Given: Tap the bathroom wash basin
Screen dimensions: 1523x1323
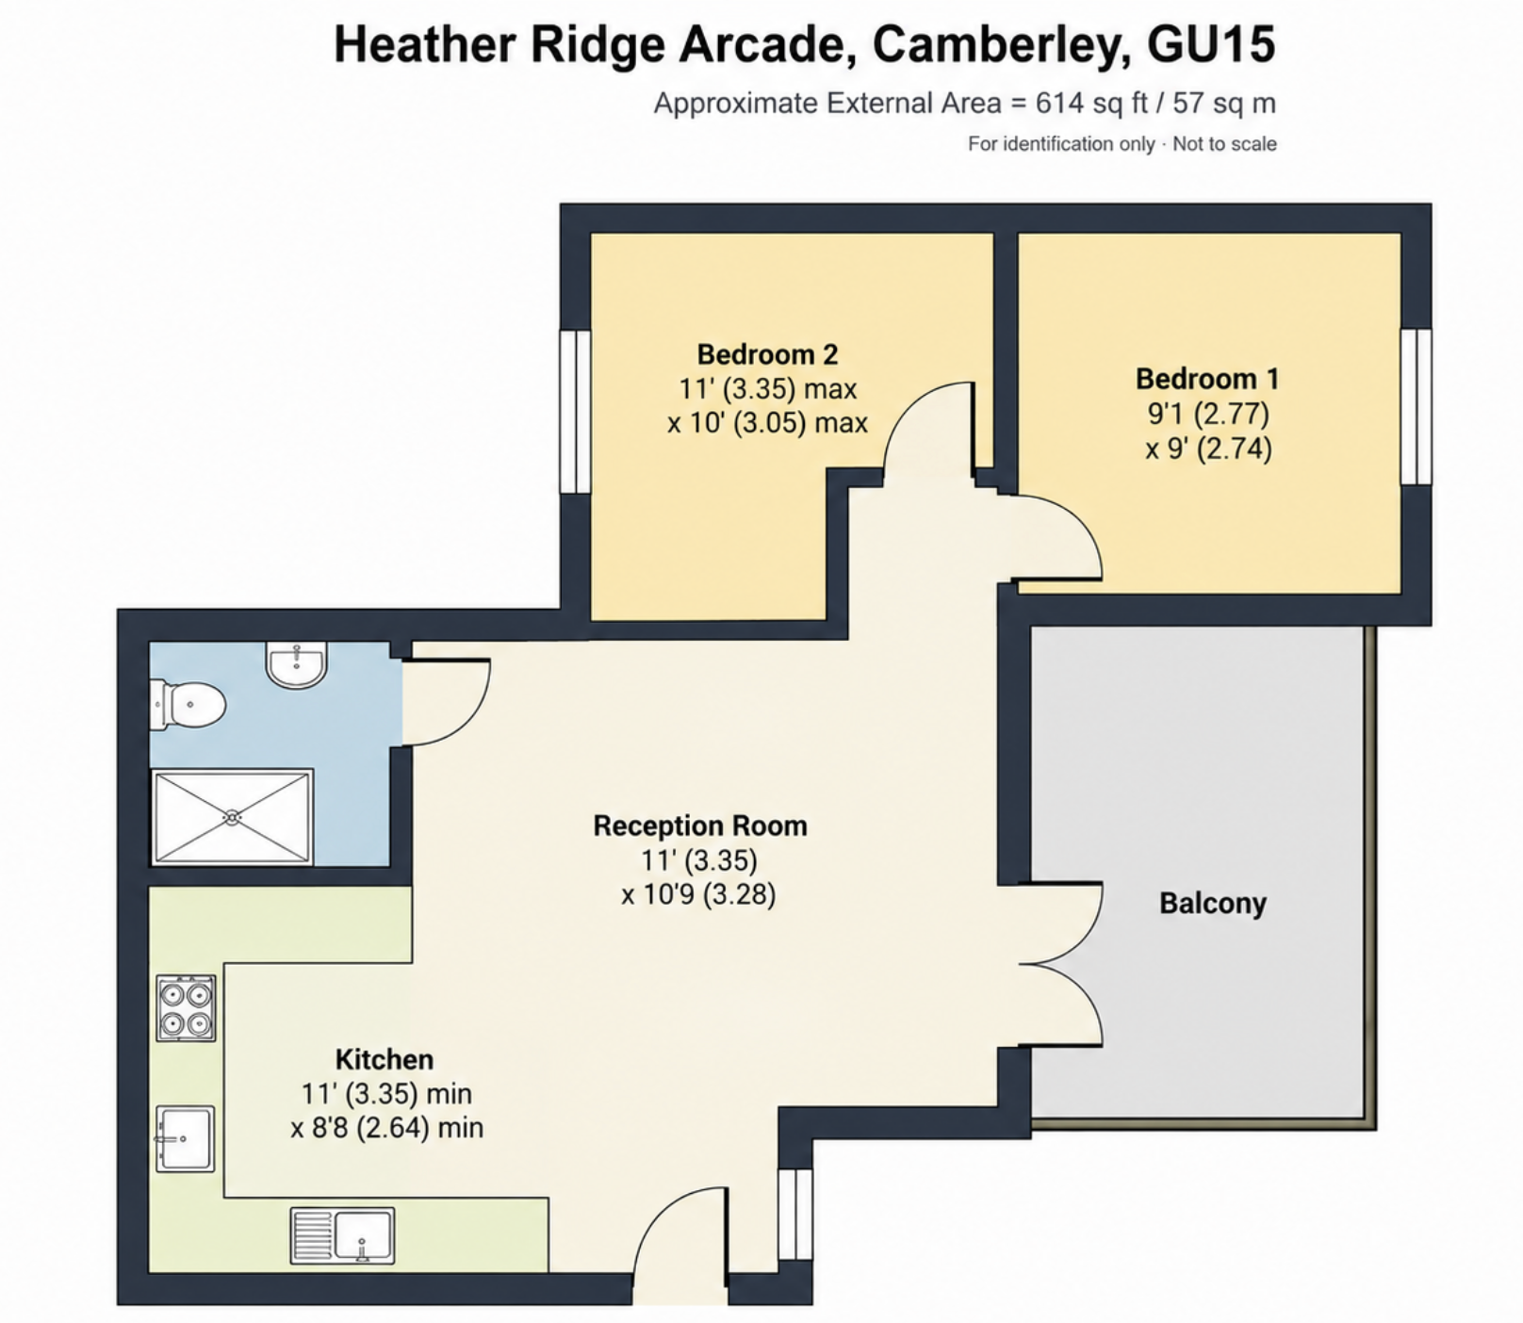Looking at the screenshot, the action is click(x=297, y=663).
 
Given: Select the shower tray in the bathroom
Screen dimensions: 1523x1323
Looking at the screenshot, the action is click(x=233, y=817).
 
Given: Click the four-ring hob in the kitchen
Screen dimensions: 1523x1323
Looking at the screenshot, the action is click(x=186, y=1007).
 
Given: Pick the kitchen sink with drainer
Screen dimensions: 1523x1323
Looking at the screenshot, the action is click(x=342, y=1235).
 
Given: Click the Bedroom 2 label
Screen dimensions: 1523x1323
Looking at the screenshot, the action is click(x=767, y=355).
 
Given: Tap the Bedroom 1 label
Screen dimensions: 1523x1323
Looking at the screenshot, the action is click(x=1207, y=379).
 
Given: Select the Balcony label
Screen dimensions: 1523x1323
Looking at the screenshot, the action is click(x=1213, y=903).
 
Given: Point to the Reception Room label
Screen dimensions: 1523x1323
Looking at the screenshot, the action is click(x=700, y=825).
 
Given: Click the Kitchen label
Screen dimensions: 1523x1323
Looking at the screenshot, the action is click(x=385, y=1059).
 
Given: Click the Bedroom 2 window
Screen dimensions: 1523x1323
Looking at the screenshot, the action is click(x=575, y=411).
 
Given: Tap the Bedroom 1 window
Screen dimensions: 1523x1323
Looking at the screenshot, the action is click(x=1416, y=406).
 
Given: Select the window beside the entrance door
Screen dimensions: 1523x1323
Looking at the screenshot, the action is click(x=795, y=1216).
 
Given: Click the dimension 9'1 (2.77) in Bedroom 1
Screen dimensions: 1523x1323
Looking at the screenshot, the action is click(x=1208, y=414).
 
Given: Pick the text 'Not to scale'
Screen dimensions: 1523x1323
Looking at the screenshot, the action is click(x=1224, y=144).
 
